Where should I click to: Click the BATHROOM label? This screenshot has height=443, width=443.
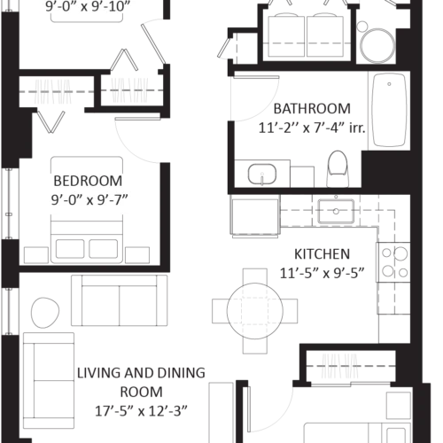tap(312, 109)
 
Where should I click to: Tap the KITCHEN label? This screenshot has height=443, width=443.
tap(322, 254)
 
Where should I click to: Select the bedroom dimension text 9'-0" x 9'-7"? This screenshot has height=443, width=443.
tap(89, 200)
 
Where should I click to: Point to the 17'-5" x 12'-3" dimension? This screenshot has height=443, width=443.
tap(141, 411)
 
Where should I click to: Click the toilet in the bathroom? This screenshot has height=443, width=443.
tap(338, 168)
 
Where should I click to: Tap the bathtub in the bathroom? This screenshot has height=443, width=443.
tap(389, 110)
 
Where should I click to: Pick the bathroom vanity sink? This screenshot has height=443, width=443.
tap(262, 175)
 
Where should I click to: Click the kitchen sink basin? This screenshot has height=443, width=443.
tap(336, 211)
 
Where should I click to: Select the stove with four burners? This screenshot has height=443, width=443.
tap(393, 262)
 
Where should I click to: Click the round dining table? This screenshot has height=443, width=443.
tap(255, 311)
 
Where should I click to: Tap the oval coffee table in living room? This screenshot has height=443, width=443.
tap(45, 313)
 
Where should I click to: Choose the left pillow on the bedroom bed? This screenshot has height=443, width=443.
tap(70, 249)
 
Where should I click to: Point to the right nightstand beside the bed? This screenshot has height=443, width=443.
tap(137, 255)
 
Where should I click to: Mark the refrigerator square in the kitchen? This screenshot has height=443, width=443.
tap(255, 217)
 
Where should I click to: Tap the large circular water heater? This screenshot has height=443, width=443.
tap(377, 45)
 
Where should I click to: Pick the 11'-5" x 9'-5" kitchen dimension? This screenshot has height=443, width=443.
tap(322, 274)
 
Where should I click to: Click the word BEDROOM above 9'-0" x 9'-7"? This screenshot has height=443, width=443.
tap(88, 181)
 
